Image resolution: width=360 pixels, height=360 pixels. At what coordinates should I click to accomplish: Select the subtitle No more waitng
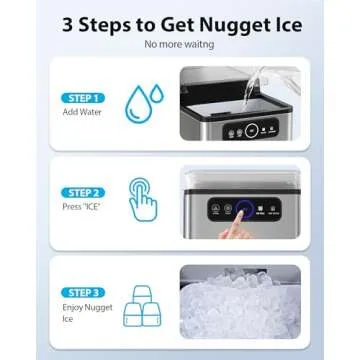click(x=180, y=45)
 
